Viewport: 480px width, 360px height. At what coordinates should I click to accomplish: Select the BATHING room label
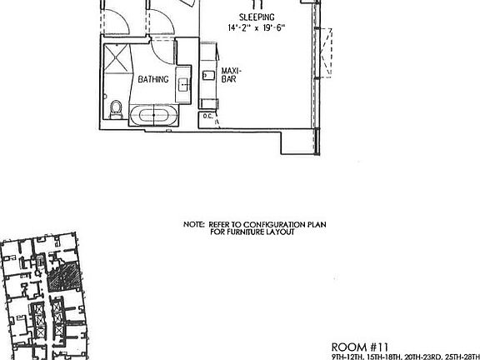tap(153, 80)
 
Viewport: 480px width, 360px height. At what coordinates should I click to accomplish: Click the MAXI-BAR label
tap(231, 76)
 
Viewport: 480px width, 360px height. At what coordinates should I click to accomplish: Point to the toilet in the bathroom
tap(117, 108)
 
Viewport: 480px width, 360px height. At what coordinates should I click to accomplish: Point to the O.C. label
tap(208, 116)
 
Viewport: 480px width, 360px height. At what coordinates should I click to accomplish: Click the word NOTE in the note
tap(193, 224)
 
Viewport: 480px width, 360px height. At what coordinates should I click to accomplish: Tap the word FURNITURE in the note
tap(243, 232)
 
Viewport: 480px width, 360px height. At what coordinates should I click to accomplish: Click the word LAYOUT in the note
tap(280, 232)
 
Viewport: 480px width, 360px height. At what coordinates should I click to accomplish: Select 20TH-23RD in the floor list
tap(418, 357)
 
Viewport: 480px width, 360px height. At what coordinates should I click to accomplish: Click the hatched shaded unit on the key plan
tap(61, 277)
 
